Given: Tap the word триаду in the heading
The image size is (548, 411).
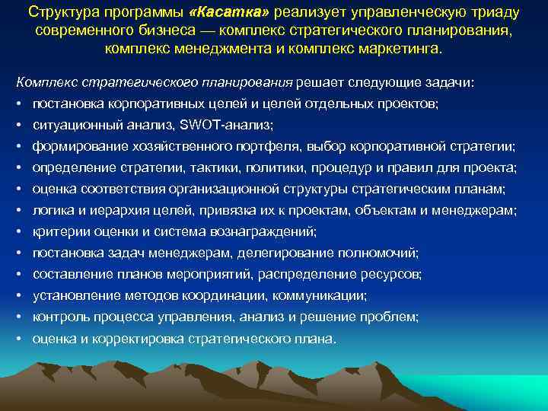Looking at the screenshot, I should click(494, 13).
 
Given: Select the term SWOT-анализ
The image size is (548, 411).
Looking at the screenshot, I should click(234, 125).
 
